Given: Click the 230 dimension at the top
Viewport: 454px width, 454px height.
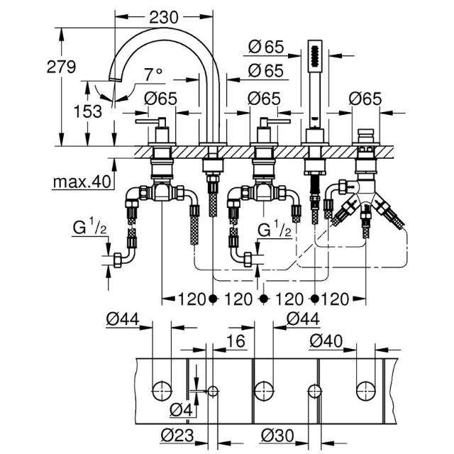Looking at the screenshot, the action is coord(164,18).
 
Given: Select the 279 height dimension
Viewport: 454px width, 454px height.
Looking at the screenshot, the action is coord(61,67).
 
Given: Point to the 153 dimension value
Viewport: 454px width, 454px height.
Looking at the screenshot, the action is coord(88,111).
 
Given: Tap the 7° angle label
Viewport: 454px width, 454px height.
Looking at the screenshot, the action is coord(153,74).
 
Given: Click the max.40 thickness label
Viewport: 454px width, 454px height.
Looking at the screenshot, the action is coord(82,182).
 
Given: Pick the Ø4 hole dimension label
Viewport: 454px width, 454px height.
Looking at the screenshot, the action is coord(181,409).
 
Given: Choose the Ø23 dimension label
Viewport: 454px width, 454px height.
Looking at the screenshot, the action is coord(177,435).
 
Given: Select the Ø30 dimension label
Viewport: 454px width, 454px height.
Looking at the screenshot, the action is coord(277,435).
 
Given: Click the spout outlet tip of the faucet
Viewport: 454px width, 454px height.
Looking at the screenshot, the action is coord(115,79).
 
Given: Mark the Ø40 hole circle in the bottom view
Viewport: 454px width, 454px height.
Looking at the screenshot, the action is coord(366,392).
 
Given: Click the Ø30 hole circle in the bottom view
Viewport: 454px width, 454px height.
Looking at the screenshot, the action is coord(315,392).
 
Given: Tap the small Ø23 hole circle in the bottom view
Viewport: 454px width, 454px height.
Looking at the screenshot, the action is coord(213,392).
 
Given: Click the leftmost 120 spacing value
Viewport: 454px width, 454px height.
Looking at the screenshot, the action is coord(192,299).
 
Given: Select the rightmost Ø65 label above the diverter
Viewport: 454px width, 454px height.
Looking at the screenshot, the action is coord(365,99).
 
